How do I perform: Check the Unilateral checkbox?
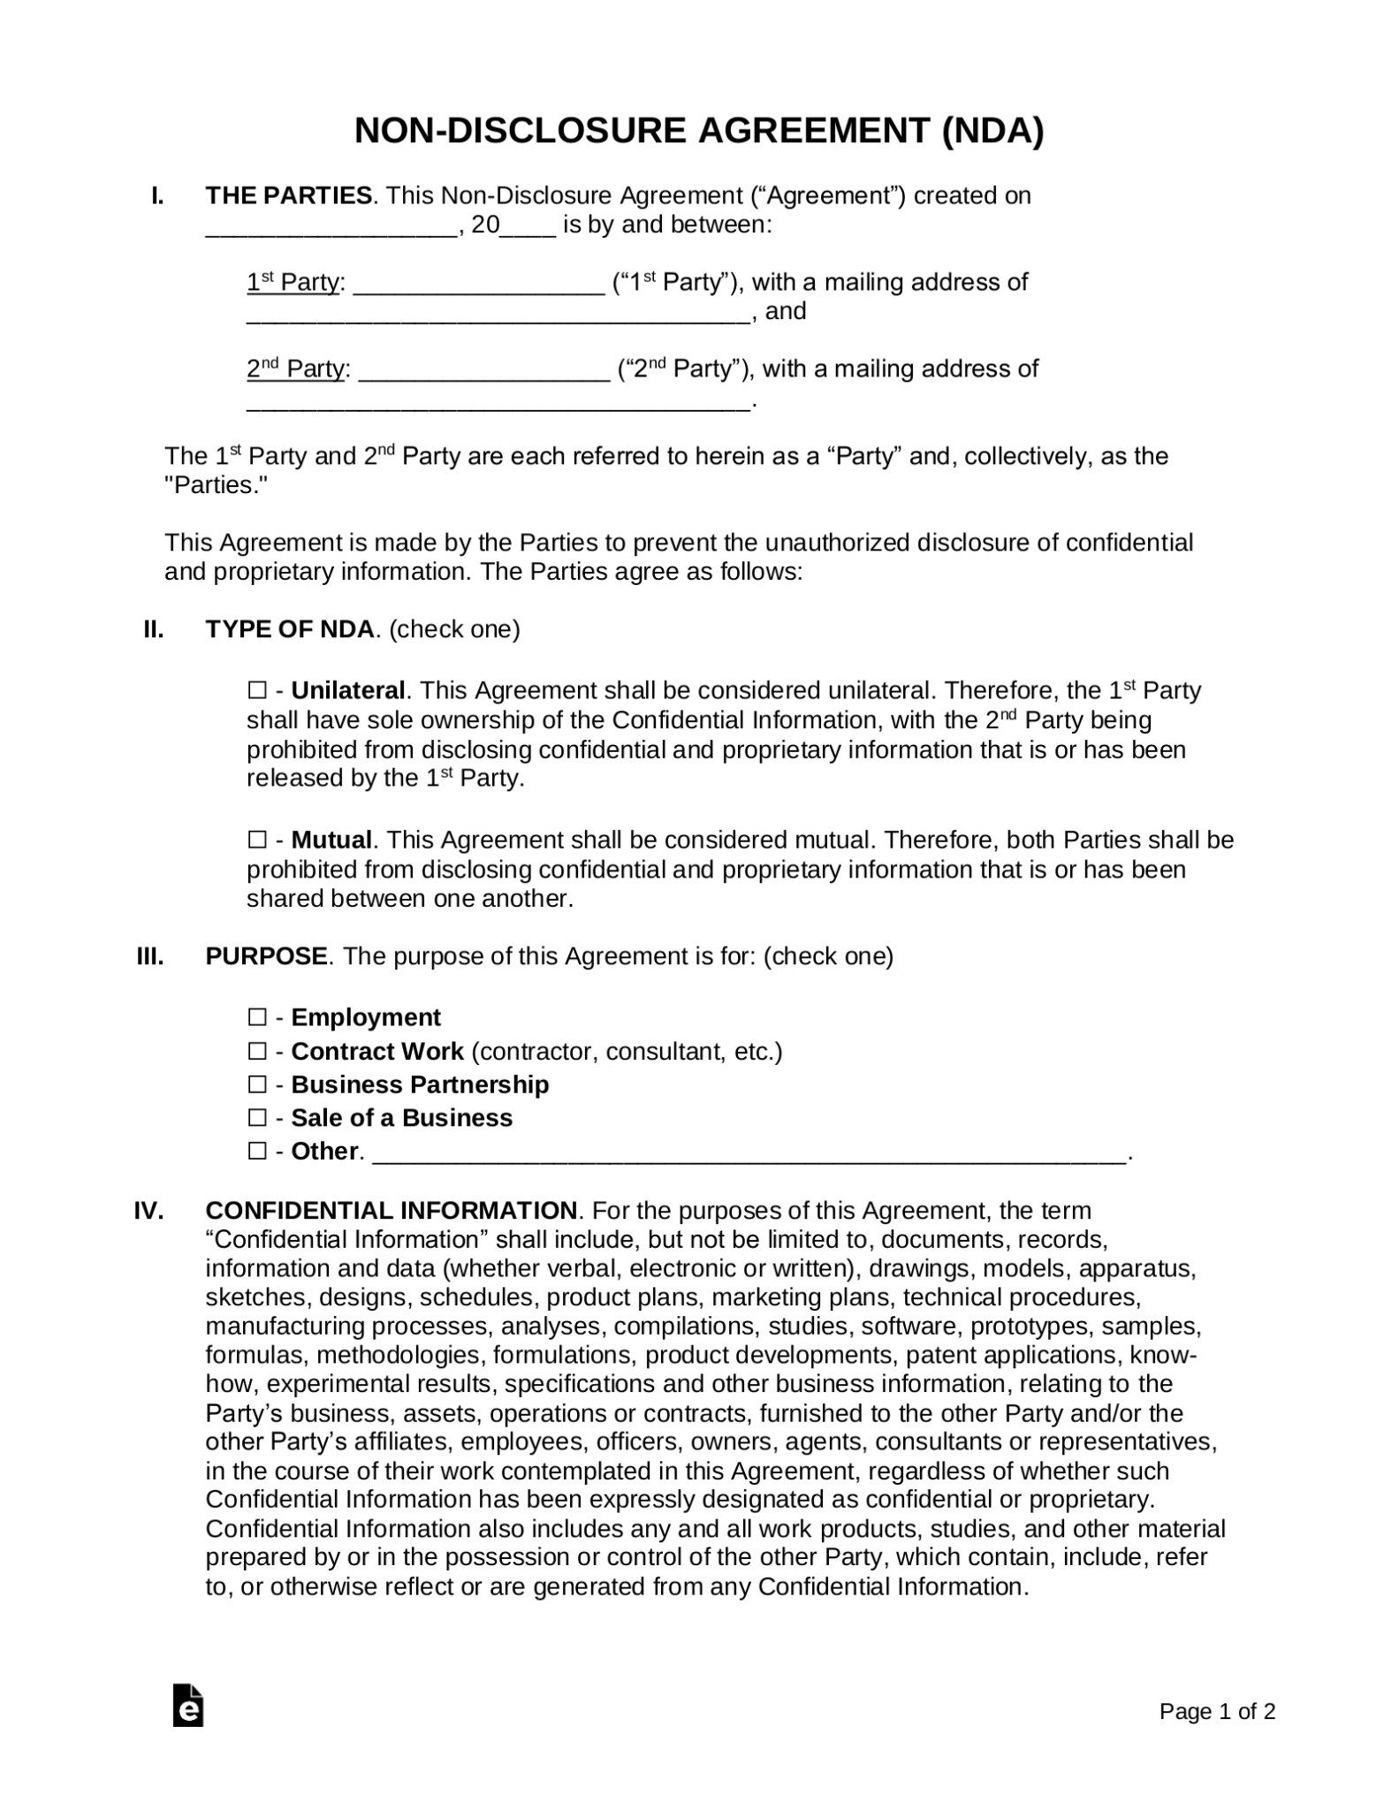256,690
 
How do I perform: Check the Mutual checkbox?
256,840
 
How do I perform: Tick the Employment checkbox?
256,1018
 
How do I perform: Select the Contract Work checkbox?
256,1052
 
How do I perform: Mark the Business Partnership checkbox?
256,1084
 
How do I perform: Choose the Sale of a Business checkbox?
256,1118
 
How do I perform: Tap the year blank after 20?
528,228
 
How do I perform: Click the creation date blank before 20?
331,228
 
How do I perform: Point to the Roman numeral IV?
148,1210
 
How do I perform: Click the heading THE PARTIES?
289,195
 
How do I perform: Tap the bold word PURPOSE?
266,956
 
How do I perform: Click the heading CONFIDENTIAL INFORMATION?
391,1210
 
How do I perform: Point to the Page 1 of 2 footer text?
1217,1712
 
